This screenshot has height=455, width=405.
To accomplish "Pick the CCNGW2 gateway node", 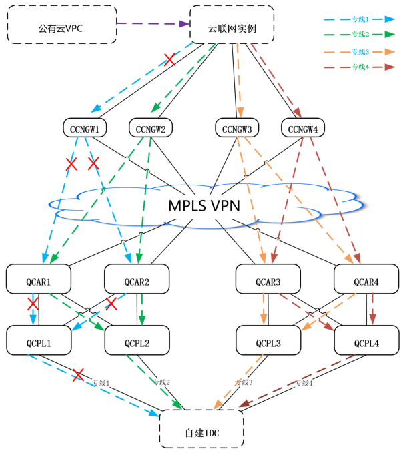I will pos(151,127).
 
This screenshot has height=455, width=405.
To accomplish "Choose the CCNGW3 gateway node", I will pos(237,127).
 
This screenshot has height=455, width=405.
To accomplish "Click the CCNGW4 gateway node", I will pos(302,127).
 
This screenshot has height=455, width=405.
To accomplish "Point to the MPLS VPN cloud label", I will pos(204,205).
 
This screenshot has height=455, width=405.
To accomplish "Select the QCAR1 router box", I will pos(37,280).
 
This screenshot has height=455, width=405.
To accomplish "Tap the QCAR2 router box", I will pos(137,280).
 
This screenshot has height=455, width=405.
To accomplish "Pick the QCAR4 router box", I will pos(365,280).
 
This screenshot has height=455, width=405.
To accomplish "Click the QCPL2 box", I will pos(137,342).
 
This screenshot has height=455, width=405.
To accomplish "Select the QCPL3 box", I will pos(268,342).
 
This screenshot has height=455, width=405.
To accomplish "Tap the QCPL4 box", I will pos(365,342).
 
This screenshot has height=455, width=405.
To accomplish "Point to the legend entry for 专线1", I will pos(360,19).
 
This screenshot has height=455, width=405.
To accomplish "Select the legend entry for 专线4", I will pos(360,66).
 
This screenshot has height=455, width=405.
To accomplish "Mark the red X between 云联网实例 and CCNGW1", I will pos(169,60).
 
